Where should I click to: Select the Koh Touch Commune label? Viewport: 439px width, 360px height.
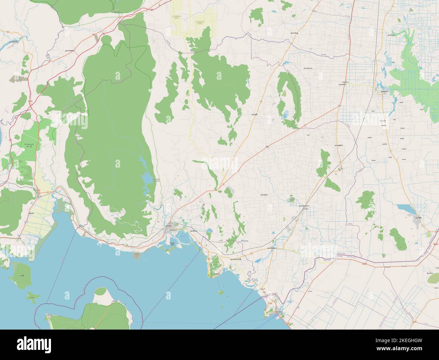tap(156, 180)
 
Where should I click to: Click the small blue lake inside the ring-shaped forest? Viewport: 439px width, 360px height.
tap(286, 115)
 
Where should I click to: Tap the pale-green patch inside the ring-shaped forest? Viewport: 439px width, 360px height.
tap(284, 93)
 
